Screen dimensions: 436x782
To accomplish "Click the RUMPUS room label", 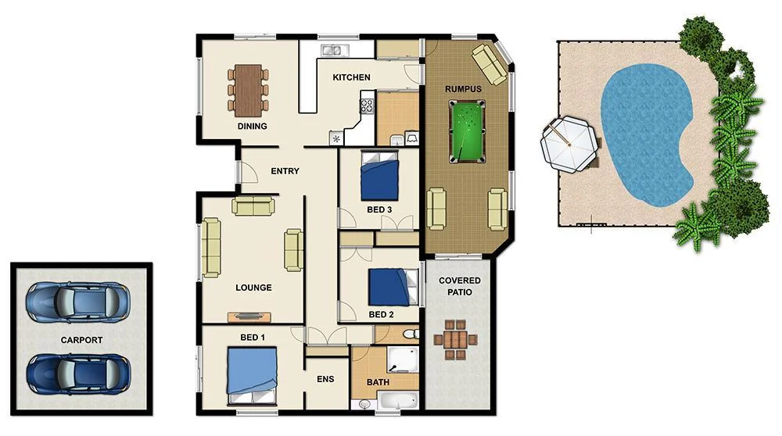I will click(x=463, y=88).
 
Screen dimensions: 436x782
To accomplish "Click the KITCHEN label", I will click(x=351, y=77).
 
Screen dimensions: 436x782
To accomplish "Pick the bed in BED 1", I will click(x=252, y=376).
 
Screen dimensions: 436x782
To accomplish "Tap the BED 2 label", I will click(x=381, y=315).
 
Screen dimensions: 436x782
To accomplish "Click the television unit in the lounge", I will click(x=249, y=316).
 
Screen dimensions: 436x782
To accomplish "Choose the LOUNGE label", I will click(x=253, y=288).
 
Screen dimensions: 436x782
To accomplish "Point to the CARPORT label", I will click(x=81, y=341).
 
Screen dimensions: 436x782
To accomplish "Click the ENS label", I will click(x=325, y=380).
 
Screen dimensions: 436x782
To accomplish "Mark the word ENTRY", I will click(x=285, y=171).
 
